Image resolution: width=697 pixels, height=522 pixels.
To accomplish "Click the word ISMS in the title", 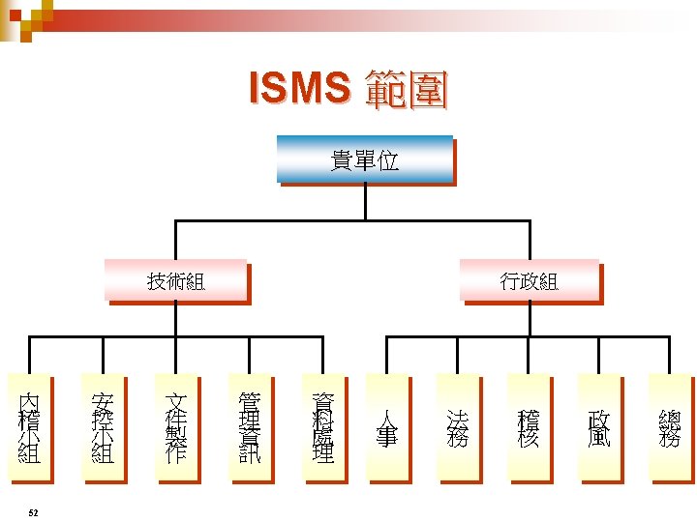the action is [297, 89].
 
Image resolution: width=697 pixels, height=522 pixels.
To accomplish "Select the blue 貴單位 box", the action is [365, 159].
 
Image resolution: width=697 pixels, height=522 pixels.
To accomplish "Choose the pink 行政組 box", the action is [529, 281].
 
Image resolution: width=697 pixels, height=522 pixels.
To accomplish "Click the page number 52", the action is [34, 511].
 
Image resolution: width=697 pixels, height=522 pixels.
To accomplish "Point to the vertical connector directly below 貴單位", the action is [365, 202].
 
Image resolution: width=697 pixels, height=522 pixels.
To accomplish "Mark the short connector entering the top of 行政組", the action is [529, 242].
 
